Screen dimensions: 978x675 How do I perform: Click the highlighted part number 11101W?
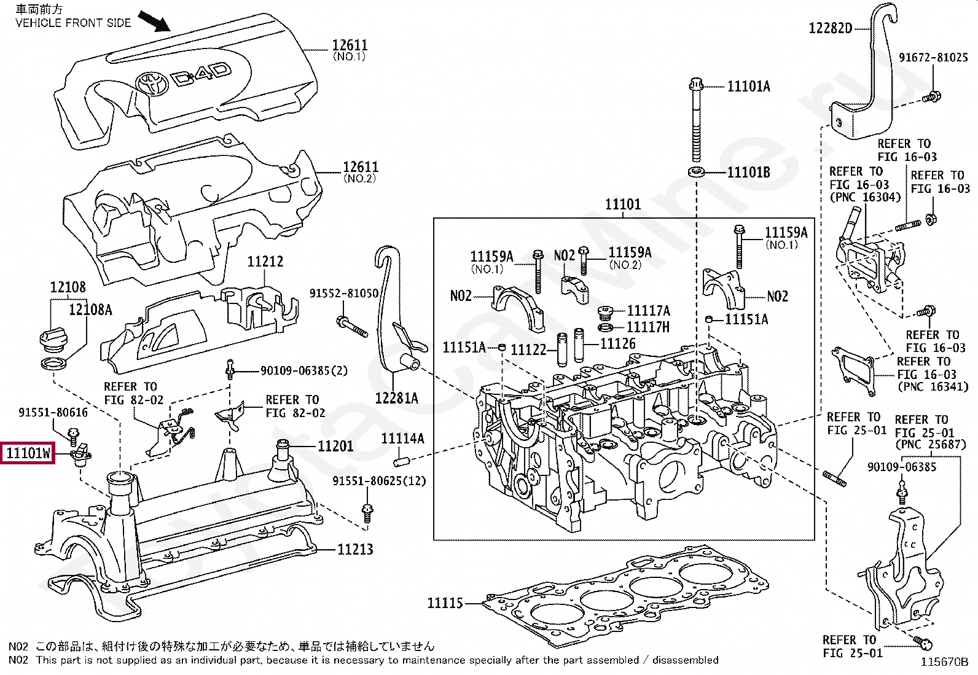point(28,453)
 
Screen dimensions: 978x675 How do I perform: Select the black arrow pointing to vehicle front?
point(154,21)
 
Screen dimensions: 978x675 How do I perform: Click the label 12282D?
point(831,28)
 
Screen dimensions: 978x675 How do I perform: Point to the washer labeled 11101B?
point(696,172)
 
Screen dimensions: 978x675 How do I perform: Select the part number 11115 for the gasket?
point(445,603)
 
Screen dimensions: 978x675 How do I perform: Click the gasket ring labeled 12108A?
point(53,363)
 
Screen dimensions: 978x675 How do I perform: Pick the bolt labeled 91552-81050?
point(352,327)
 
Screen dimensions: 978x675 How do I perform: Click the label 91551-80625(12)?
point(379,481)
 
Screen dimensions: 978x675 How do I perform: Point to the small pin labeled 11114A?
point(401,461)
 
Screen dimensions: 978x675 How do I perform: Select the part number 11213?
point(356,549)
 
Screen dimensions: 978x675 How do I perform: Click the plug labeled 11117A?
point(605,312)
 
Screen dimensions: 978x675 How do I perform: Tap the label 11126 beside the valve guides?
point(618,344)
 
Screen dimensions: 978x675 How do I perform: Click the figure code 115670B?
point(944,662)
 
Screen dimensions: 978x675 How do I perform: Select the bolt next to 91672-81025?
point(931,96)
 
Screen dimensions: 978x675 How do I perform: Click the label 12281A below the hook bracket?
point(396,398)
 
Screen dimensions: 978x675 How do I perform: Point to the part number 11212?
point(265,262)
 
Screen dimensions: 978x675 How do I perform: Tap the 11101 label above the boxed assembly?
point(623,205)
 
